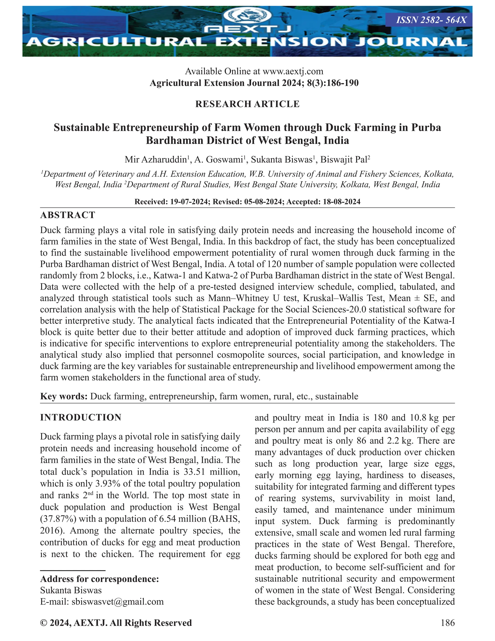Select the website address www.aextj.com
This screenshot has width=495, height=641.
click(293, 71)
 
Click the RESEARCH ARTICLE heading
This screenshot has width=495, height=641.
click(247, 104)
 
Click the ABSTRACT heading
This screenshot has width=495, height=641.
click(67, 215)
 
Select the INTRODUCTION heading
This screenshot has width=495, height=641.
click(81, 417)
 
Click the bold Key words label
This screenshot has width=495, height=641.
click(64, 396)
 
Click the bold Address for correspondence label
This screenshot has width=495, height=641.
click(99, 579)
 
